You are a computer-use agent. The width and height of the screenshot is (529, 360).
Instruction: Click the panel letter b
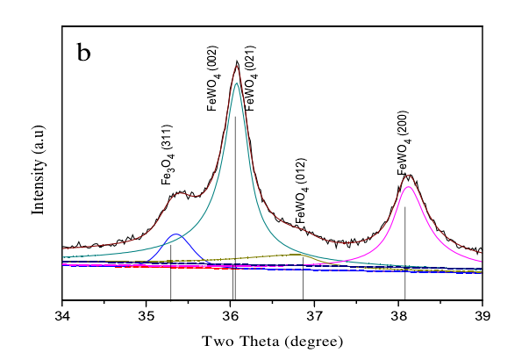(84, 53)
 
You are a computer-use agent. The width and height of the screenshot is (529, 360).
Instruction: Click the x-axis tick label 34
(62, 314)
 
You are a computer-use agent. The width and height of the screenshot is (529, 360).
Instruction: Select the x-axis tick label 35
(147, 314)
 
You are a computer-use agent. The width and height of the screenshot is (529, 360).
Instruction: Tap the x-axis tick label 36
(231, 314)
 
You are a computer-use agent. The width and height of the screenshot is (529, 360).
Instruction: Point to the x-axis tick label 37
(315, 314)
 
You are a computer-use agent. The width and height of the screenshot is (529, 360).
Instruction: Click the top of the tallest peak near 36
(237, 61)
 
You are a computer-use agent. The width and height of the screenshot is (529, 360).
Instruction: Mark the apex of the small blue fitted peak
(175, 234)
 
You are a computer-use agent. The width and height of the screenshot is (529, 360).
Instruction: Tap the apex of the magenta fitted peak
(408, 186)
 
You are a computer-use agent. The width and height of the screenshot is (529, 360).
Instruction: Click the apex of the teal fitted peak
(236, 83)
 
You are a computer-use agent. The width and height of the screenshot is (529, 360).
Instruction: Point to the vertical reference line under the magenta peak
(404, 255)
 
